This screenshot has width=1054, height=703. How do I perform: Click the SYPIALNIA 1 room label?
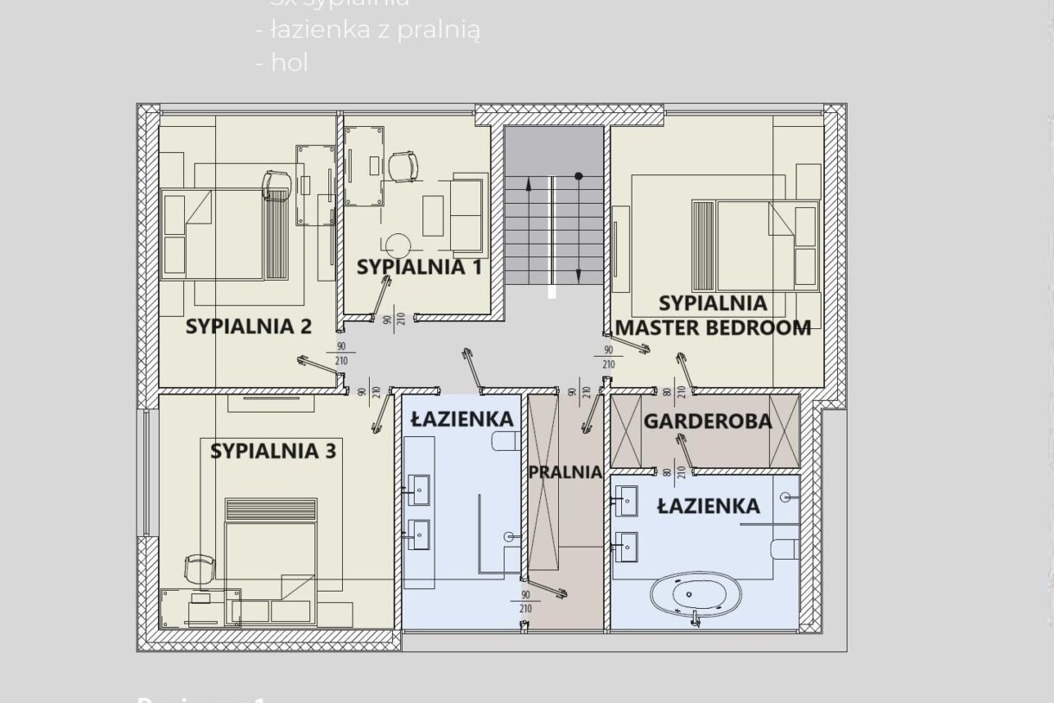coord(419,267)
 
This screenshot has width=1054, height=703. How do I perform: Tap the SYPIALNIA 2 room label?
coord(248,326)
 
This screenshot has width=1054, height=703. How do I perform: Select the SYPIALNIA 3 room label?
coord(273,450)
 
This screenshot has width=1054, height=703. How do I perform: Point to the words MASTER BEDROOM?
coord(713,327)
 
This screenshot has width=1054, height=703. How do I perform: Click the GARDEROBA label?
coord(707,421)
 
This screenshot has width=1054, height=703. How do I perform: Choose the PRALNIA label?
coord(564,472)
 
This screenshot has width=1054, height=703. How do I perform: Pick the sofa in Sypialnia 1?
coord(467,206)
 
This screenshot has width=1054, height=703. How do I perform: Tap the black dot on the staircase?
coord(579,176)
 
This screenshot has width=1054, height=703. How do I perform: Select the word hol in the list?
coord(289,63)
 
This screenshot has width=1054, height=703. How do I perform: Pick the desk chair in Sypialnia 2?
coord(276,184)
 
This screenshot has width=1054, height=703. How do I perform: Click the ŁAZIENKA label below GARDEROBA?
coord(708,506)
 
